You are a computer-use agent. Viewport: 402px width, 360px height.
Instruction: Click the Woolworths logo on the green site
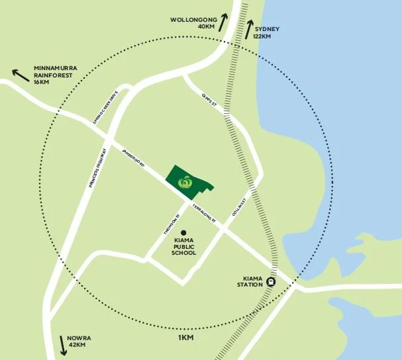tap(187, 180)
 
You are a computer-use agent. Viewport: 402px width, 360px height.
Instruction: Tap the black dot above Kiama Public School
tap(183, 232)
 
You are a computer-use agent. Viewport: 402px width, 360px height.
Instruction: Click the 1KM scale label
tap(185, 337)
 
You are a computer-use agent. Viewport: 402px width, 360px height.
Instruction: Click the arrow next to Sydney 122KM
tap(250, 28)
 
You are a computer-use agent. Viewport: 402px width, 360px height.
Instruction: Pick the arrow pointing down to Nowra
tap(64, 343)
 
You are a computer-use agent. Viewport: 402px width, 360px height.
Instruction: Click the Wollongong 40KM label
tap(193, 23)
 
